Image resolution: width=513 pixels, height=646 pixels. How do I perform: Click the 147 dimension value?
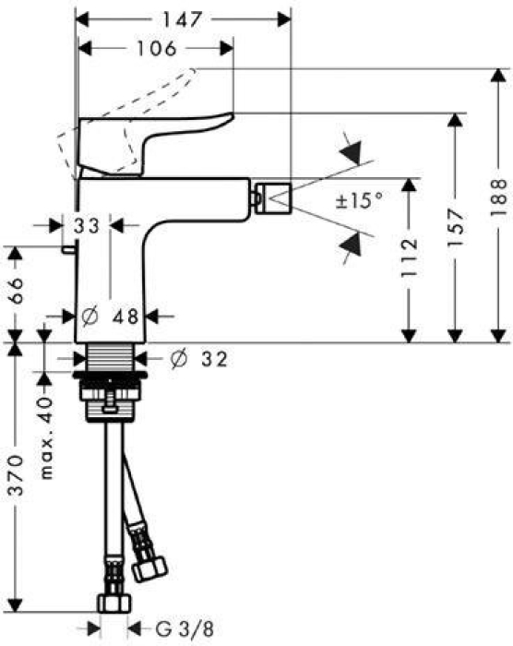(x=182, y=18)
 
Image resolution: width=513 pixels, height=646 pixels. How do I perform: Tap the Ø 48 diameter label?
(x=110, y=316)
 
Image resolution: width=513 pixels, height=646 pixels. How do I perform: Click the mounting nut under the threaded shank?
(x=110, y=398)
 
